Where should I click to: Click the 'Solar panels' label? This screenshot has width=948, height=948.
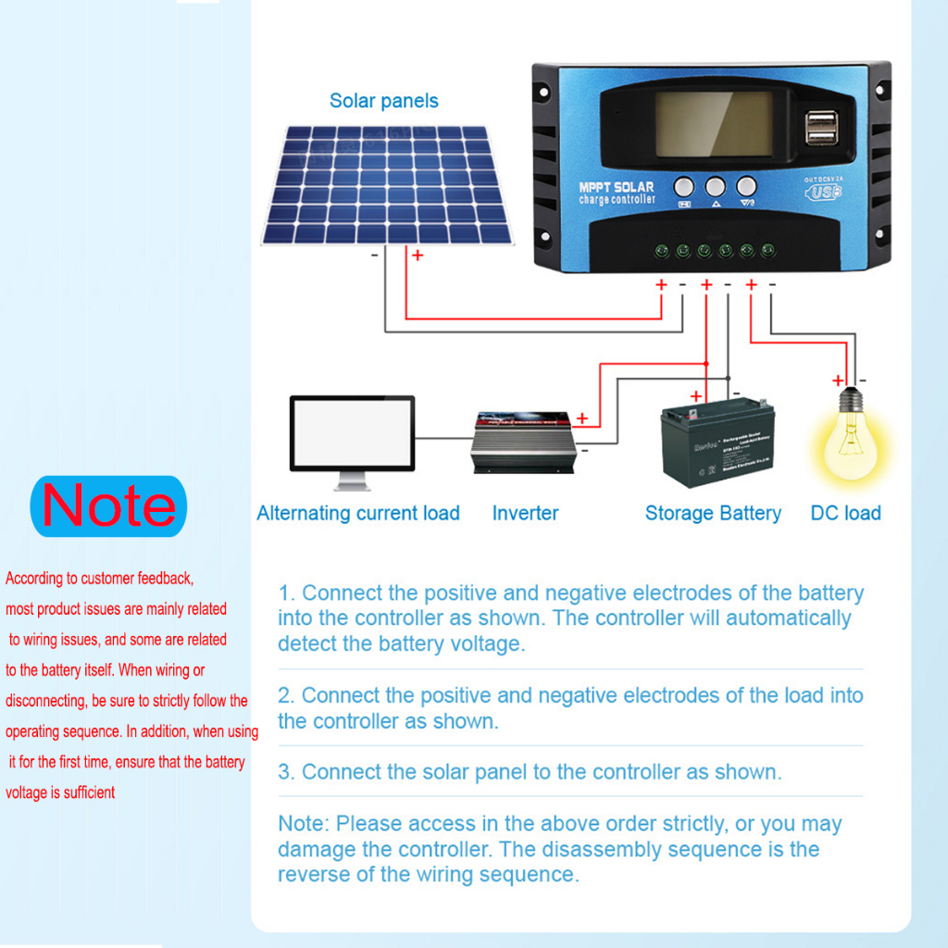pyautogui.click(x=383, y=101)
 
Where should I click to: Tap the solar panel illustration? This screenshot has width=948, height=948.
pyautogui.click(x=388, y=185)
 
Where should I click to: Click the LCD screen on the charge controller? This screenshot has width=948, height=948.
pyautogui.click(x=714, y=124)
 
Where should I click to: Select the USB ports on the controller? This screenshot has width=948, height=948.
pyautogui.click(x=822, y=128)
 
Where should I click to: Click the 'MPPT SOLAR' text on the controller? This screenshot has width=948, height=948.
pyautogui.click(x=617, y=188)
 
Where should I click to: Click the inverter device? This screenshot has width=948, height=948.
pyautogui.click(x=524, y=443)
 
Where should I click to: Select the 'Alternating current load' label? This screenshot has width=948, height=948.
pyautogui.click(x=358, y=513)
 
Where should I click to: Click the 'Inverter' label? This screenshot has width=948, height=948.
pyautogui.click(x=525, y=513)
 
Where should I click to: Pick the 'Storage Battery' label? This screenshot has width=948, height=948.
pyautogui.click(x=713, y=513)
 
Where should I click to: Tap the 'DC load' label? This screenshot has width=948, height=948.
pyautogui.click(x=845, y=513)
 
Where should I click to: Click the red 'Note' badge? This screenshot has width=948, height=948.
pyautogui.click(x=108, y=505)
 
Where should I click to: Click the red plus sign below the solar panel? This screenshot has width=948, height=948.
pyautogui.click(x=418, y=255)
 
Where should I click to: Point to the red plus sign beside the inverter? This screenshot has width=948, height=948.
pyautogui.click(x=581, y=418)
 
